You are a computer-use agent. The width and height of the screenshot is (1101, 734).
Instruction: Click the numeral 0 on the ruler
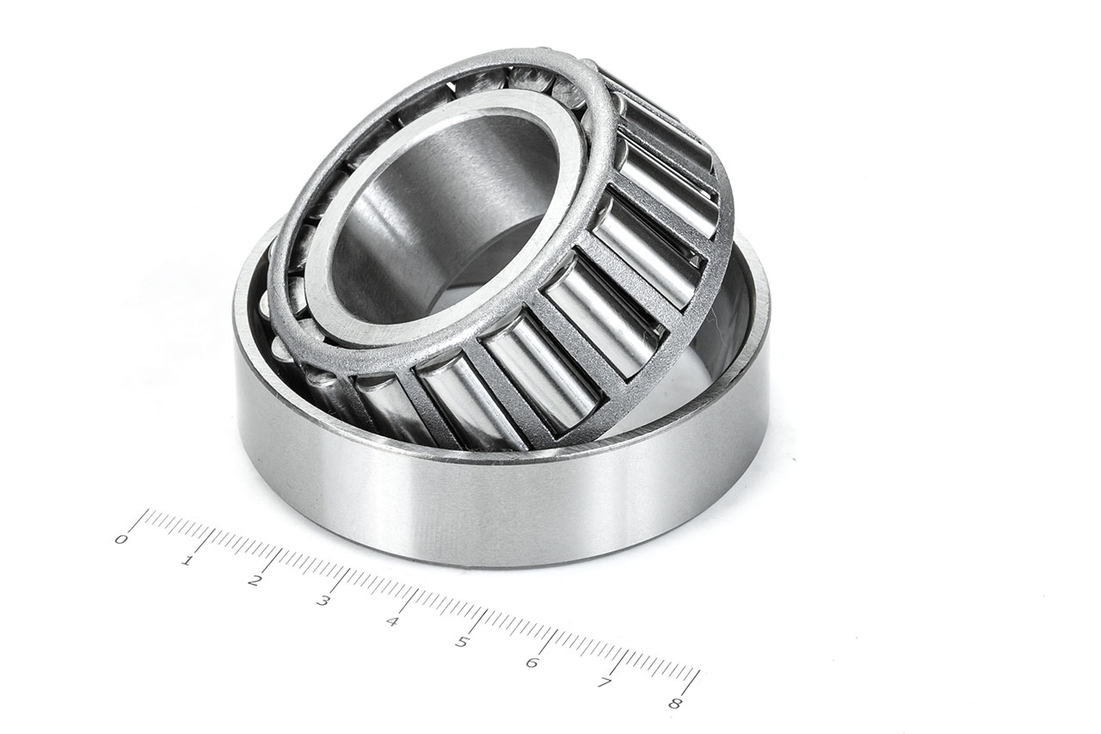tap(121, 540)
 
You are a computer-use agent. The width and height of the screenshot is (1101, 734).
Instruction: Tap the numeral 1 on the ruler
tap(187, 561)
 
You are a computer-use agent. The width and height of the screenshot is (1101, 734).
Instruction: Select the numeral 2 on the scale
tap(254, 581)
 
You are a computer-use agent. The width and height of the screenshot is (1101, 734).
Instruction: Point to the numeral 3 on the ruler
tap(323, 601)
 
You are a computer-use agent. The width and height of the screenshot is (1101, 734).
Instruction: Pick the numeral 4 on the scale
tap(392, 621)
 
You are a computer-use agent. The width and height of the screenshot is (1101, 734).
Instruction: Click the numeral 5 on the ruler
tap(462, 642)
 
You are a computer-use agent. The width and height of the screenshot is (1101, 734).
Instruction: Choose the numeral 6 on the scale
tap(532, 662)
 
